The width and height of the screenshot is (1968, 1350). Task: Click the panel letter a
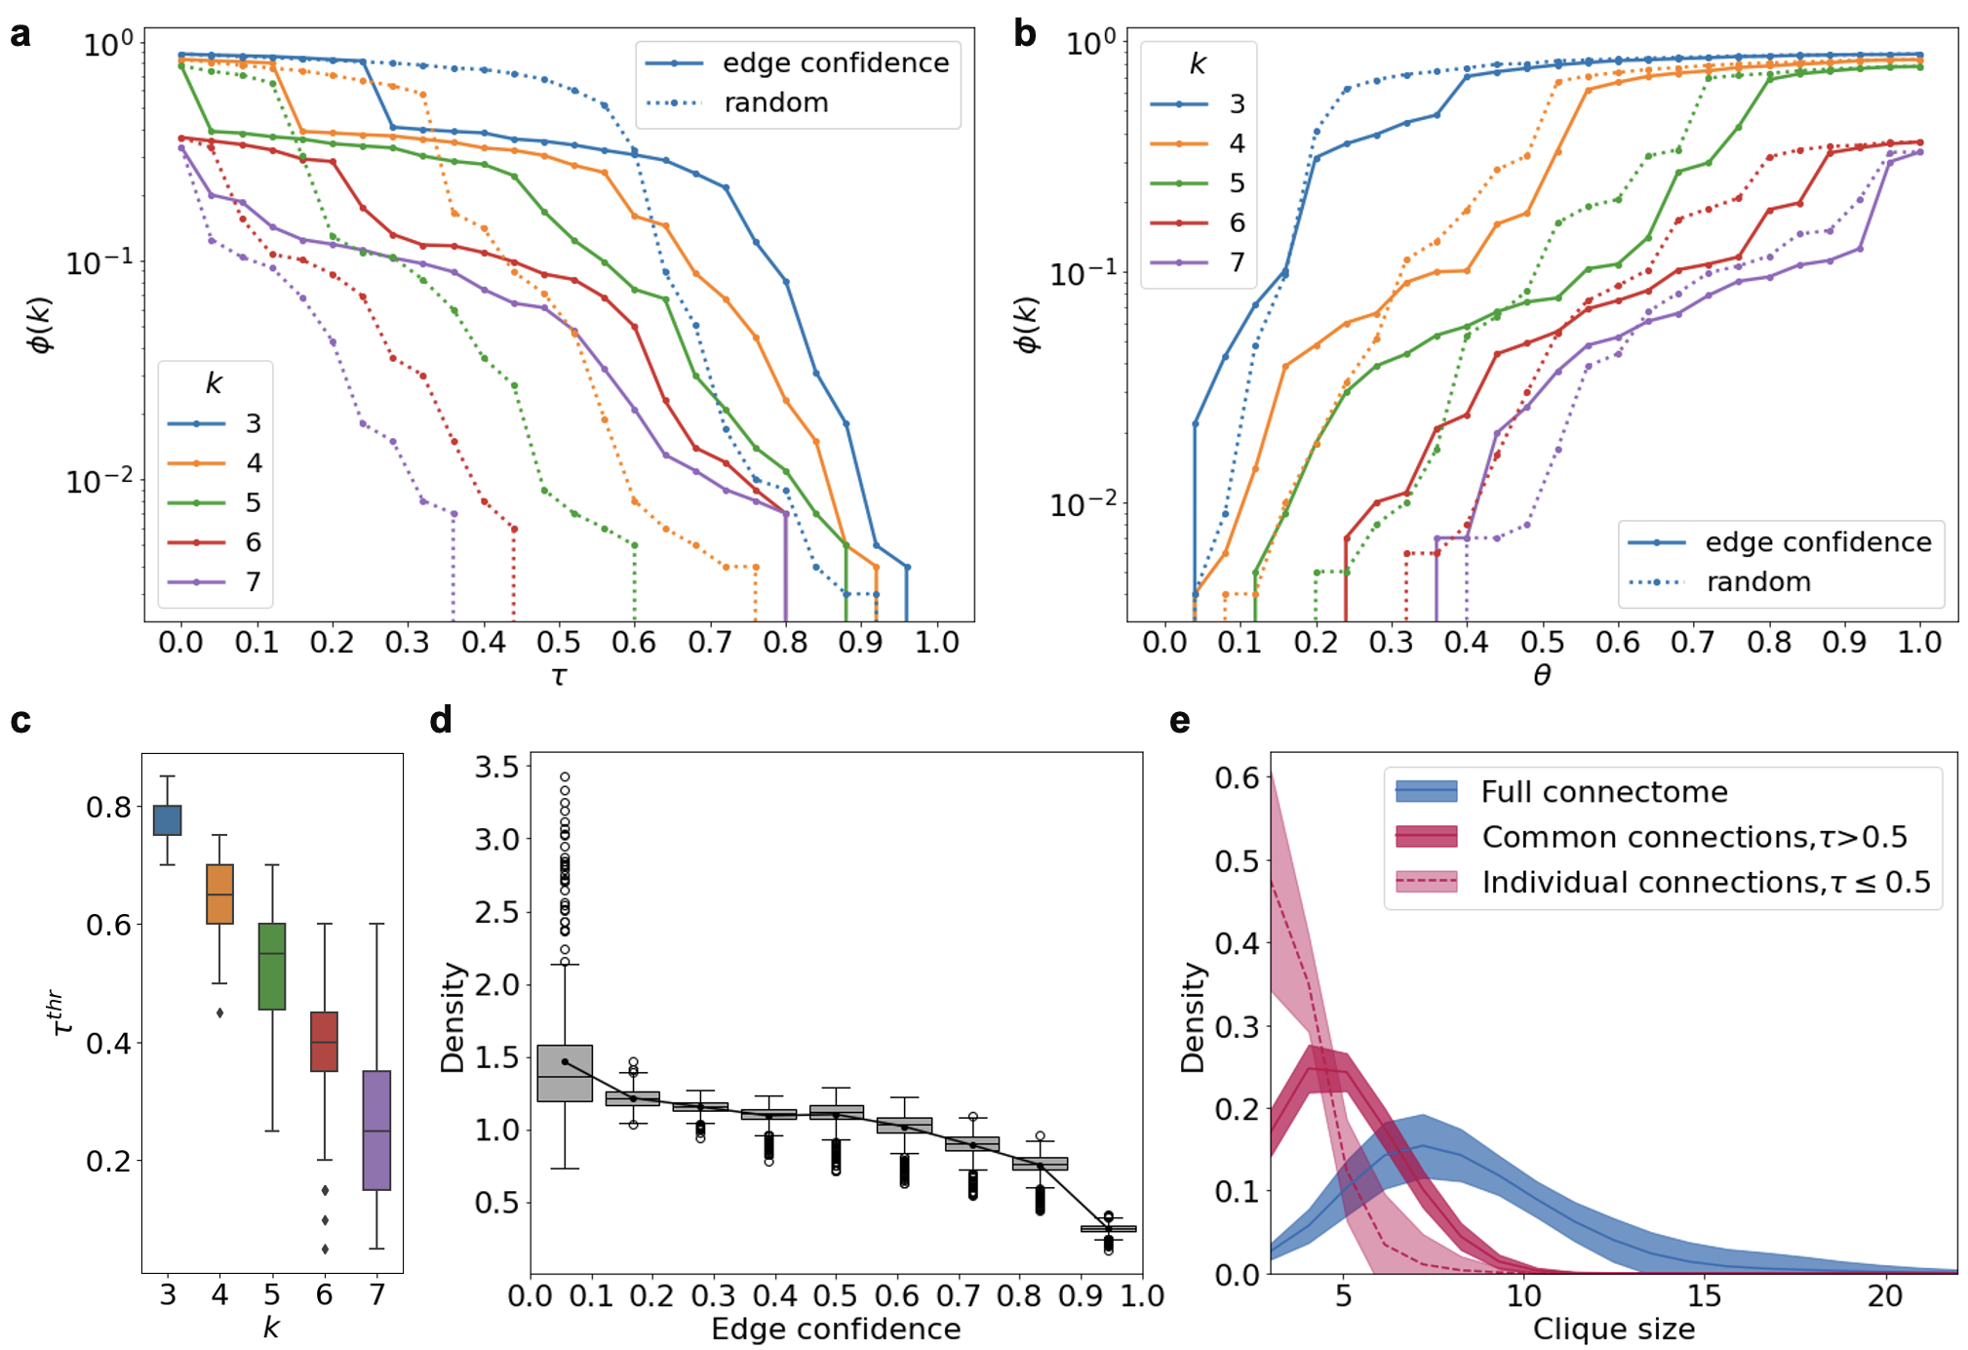click(20, 35)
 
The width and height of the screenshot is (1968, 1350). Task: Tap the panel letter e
click(1180, 721)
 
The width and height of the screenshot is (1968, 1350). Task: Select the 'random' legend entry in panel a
click(775, 103)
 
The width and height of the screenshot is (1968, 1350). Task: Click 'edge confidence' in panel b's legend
click(1818, 542)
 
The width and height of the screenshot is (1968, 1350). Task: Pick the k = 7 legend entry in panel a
click(253, 582)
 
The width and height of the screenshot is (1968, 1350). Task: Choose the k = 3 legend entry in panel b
click(1237, 104)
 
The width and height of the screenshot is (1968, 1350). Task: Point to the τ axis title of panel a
click(559, 676)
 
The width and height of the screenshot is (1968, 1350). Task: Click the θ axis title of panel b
click(1542, 676)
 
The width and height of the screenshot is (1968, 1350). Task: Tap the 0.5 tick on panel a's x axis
click(559, 643)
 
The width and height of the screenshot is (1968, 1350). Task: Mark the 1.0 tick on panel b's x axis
click(1920, 643)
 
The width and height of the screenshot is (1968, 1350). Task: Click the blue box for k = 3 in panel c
click(168, 820)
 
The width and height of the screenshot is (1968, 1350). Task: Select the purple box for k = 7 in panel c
click(376, 1130)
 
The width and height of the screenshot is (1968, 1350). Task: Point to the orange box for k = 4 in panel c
click(220, 893)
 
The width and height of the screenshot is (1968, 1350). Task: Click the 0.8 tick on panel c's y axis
click(108, 808)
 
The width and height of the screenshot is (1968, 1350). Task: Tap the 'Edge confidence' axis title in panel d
click(836, 1329)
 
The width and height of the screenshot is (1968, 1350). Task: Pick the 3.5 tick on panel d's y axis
click(496, 767)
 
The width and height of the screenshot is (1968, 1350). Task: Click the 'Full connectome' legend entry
click(1603, 792)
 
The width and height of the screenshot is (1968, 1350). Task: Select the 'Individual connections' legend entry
click(1706, 883)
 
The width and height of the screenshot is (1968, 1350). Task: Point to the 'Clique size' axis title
click(1614, 1329)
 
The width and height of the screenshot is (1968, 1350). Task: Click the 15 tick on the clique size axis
click(1705, 1295)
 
